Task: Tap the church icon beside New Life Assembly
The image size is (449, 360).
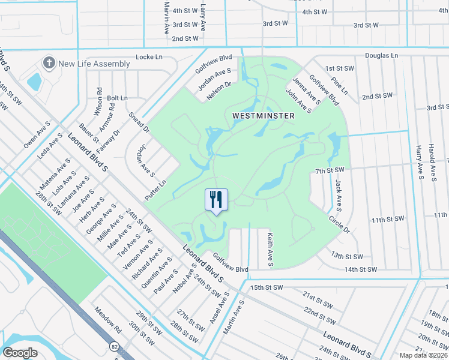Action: [48, 63]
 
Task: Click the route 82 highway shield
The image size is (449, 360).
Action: [114, 346]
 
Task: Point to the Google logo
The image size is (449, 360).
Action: [20, 352]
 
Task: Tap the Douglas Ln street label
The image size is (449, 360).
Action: [382, 55]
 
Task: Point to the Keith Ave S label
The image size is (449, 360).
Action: [271, 250]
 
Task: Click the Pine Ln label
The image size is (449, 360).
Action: [340, 85]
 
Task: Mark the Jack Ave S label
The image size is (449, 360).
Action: [339, 196]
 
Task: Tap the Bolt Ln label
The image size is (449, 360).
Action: [117, 98]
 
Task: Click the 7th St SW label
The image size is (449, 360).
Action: [330, 171]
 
